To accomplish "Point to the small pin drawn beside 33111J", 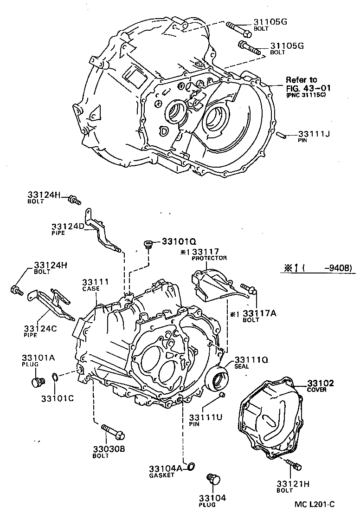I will (281, 135).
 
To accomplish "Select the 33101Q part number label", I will (179, 241).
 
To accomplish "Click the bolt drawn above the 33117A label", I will (248, 289).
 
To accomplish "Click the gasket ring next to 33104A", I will (190, 466).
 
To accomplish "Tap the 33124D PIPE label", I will (67, 229).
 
